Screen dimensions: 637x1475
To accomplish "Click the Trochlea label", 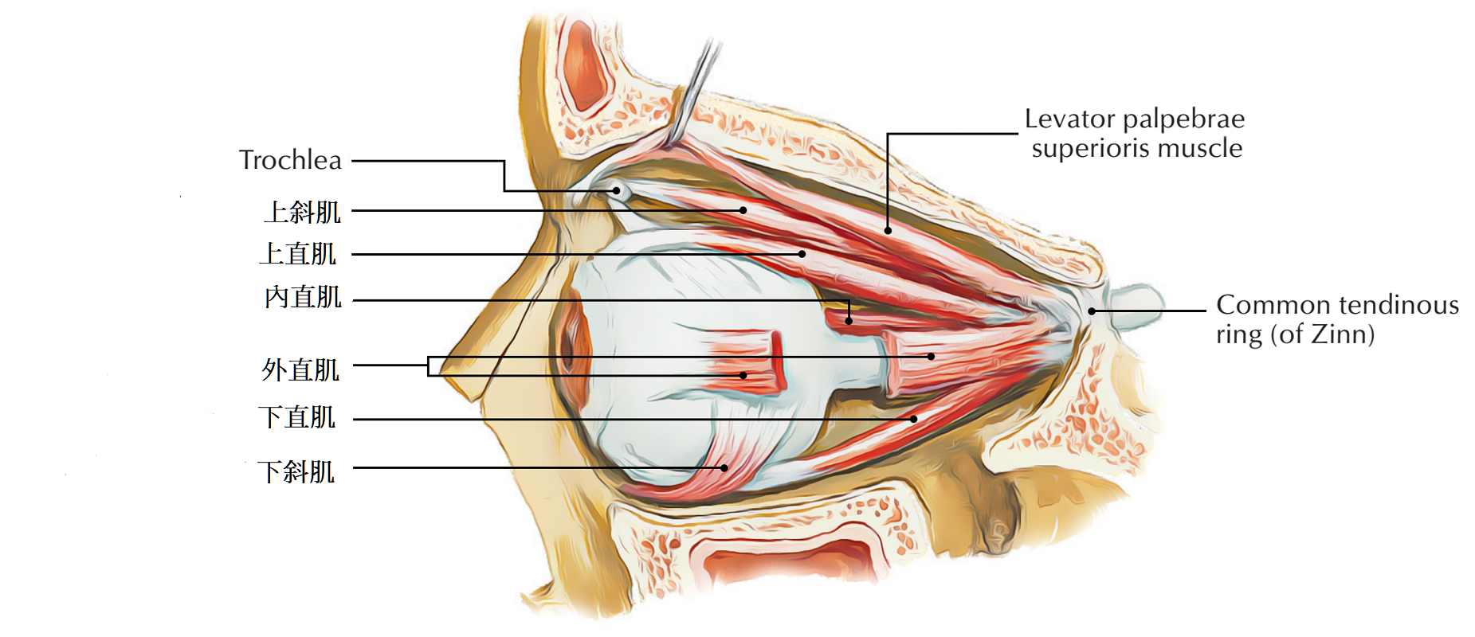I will pos(290,160).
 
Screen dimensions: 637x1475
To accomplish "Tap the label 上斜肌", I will pos(302,212).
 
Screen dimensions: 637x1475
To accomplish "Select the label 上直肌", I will pos(298,254).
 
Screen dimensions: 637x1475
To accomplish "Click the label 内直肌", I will pos(303,298).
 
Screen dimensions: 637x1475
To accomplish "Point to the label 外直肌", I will pos(300,369).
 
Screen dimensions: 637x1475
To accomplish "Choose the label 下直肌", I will pos(296,417).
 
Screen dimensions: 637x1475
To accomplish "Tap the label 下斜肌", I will pos(296,471).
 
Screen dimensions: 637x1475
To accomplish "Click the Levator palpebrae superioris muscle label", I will pos(1135,133).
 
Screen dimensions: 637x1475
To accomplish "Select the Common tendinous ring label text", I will pos(1336,318).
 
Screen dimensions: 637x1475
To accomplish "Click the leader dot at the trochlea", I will pos(616,190).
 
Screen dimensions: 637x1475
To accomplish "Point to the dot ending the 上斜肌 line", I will pos(743,210).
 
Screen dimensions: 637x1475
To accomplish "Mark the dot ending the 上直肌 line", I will pos(802,254).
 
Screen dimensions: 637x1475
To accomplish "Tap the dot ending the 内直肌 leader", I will pos(849,321).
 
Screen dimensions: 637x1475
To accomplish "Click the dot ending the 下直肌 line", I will pos(914,419).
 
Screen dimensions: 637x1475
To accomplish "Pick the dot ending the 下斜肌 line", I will pos(724,468).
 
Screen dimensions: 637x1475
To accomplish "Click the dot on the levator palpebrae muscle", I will pos(888,231).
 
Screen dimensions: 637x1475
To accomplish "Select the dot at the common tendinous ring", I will pos(1092,311).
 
